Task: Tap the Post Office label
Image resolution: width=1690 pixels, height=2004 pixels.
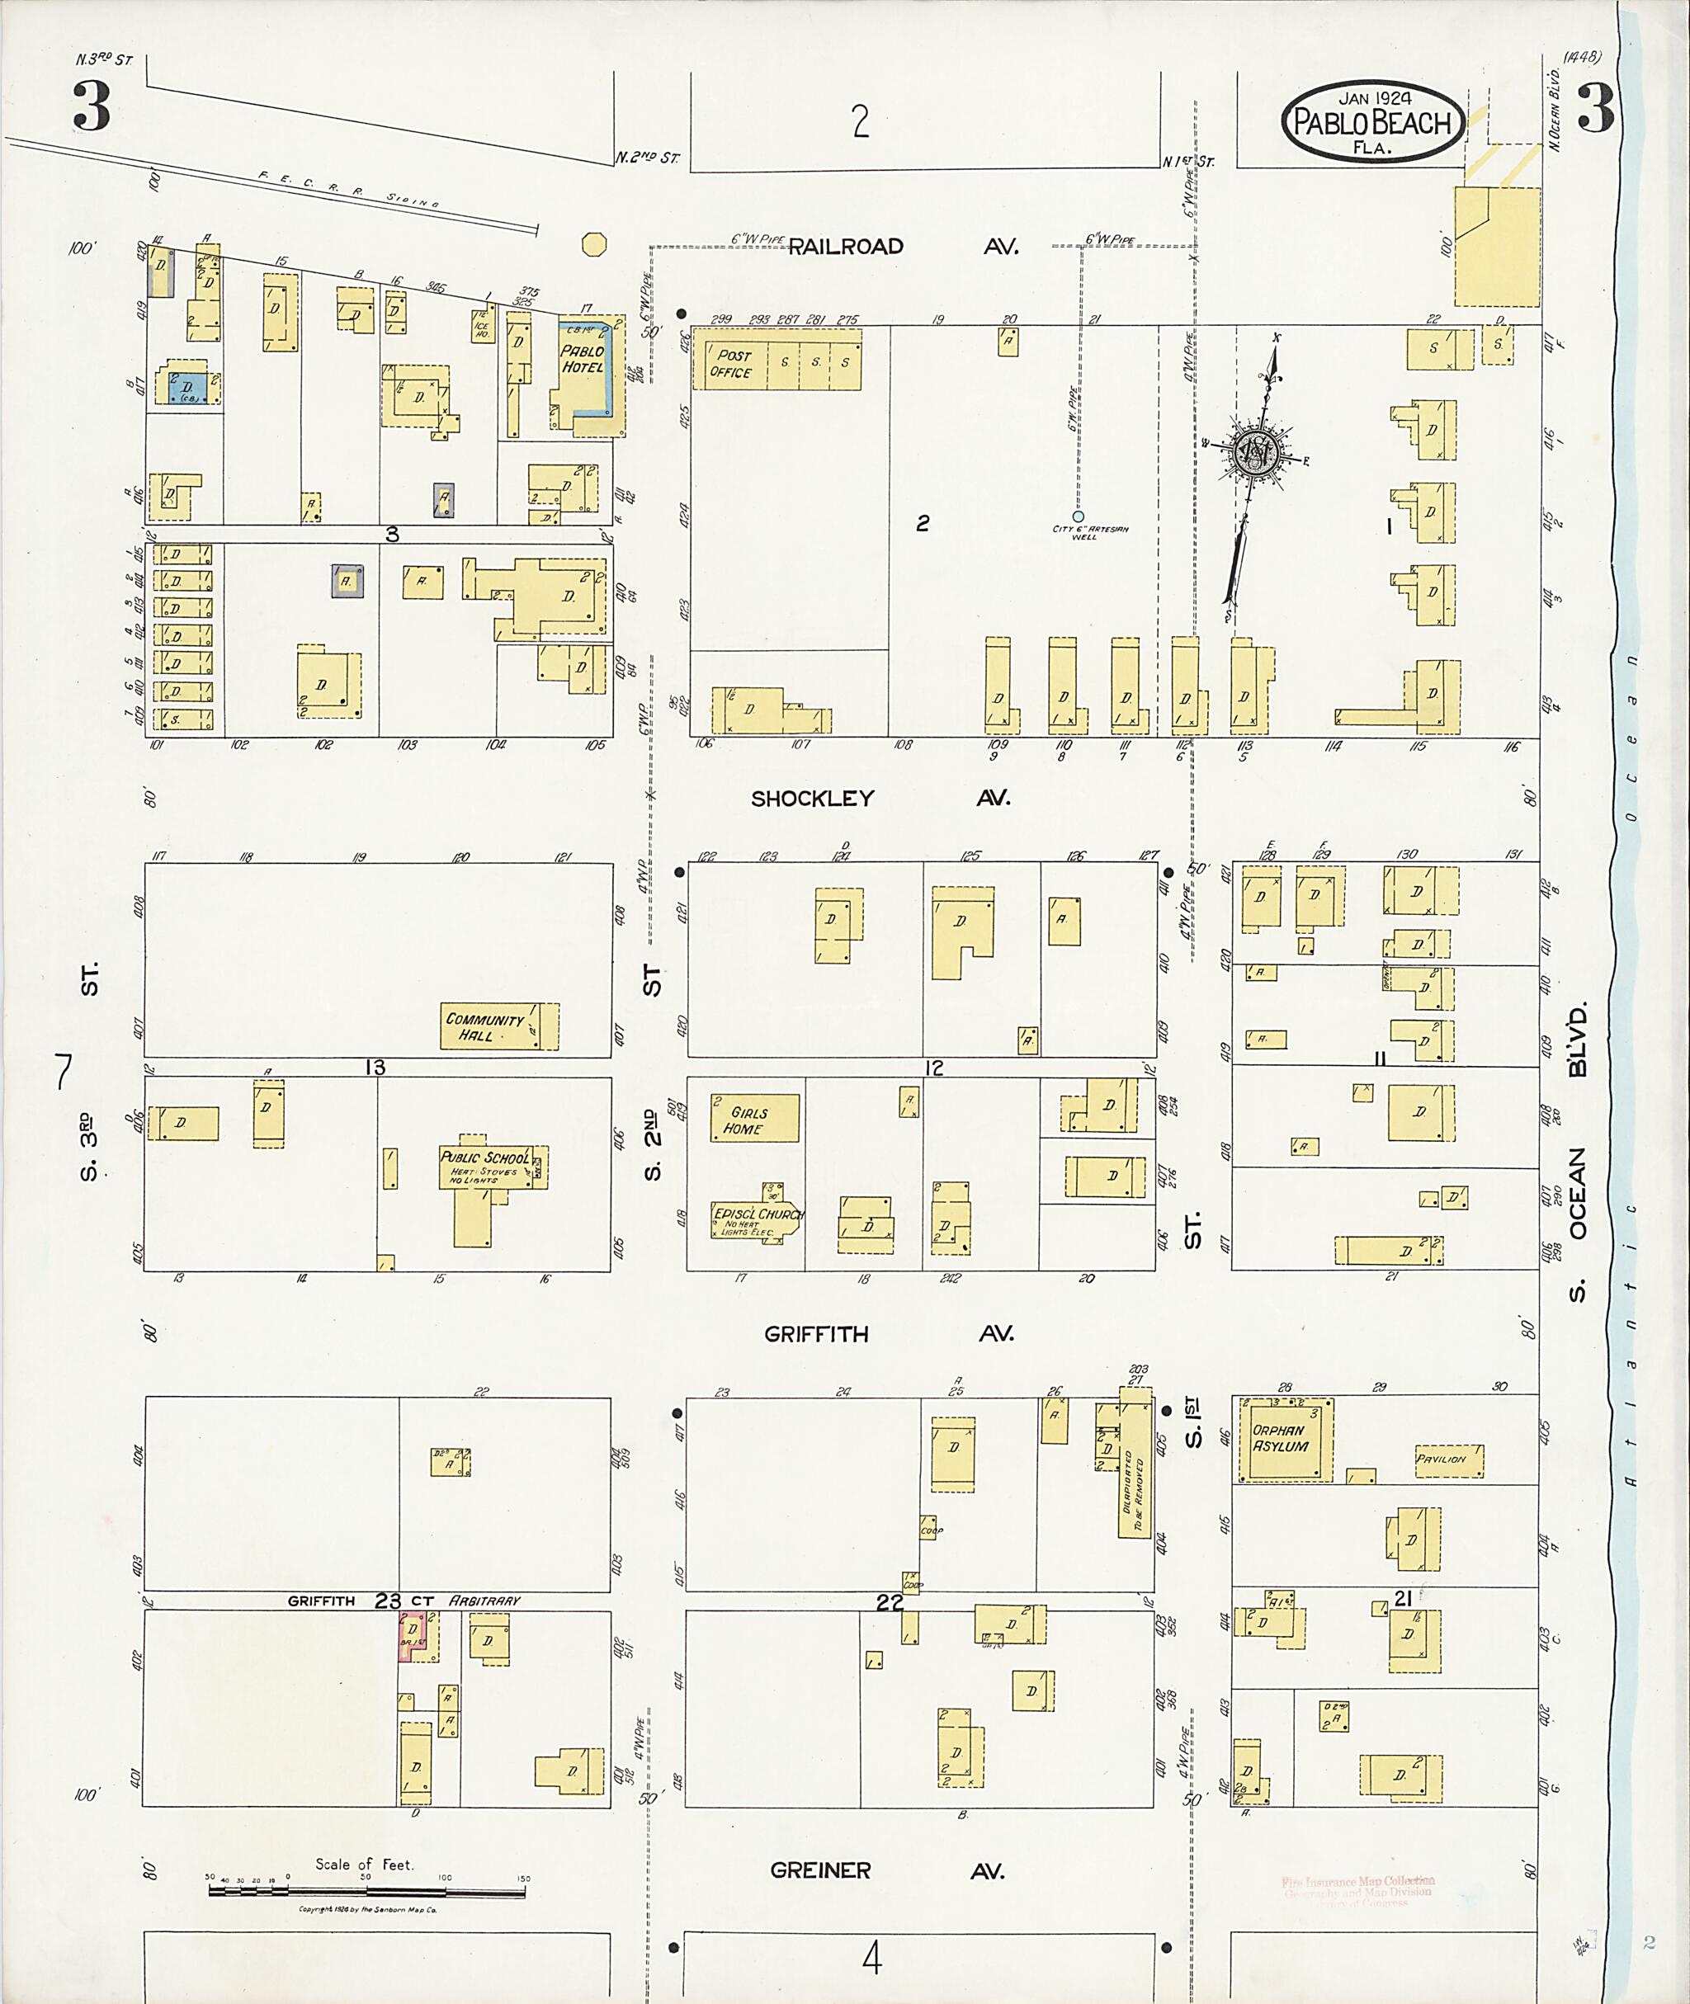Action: tap(730, 363)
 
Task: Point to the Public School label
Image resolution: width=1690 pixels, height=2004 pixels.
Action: tap(484, 1158)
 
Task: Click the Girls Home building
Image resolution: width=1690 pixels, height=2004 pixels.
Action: tap(753, 1118)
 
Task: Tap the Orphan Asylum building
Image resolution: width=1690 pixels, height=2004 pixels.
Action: tap(1285, 1440)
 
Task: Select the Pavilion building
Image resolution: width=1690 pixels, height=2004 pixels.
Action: tap(1447, 1459)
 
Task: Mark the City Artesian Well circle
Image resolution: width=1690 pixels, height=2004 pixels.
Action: tap(1078, 516)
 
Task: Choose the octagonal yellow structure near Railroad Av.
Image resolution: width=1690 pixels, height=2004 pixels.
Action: tap(594, 244)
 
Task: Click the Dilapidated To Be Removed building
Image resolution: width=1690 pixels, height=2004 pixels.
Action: tap(1135, 1476)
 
